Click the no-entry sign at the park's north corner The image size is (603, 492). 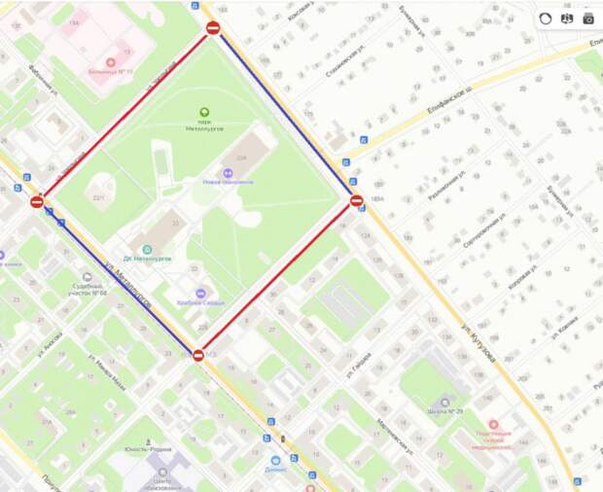213,28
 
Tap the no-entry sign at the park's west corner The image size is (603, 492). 37,202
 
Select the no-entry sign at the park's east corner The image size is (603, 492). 356,201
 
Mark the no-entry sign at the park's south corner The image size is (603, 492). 198,356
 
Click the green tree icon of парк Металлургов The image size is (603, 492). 204,113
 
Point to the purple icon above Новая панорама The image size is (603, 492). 230,171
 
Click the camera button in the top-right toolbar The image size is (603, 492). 587,18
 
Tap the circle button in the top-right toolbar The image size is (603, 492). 545,18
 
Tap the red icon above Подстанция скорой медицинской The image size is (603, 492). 493,424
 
